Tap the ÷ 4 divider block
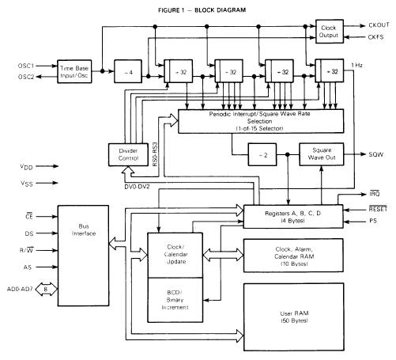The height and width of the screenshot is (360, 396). pos(128,70)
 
